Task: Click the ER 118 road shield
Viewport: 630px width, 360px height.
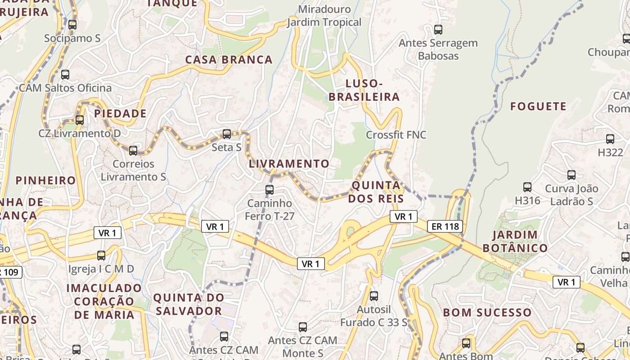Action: [445, 226]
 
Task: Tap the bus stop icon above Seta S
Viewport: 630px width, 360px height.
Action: [227, 134]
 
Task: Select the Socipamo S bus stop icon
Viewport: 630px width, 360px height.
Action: [72, 25]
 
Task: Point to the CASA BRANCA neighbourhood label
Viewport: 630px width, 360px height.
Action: [229, 59]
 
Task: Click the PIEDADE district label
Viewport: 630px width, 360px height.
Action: [121, 113]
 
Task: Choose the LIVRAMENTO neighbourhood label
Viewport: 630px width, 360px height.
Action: [289, 164]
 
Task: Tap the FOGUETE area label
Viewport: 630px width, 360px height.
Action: [538, 107]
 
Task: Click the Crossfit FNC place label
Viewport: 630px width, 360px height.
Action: [396, 135]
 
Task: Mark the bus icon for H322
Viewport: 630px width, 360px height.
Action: [610, 139]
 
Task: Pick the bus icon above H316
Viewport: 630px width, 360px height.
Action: [527, 187]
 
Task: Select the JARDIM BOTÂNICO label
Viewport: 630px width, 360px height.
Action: [515, 241]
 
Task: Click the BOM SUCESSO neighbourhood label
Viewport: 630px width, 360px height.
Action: [487, 312]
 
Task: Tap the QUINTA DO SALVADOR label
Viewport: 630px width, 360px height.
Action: [189, 304]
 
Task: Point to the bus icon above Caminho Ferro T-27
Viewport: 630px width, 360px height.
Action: [270, 189]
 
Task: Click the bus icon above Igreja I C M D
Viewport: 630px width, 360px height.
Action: [101, 255]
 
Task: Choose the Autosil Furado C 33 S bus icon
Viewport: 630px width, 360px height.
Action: [374, 296]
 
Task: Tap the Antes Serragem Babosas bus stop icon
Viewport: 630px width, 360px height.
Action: [438, 30]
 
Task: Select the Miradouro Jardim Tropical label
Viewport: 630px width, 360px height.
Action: [324, 16]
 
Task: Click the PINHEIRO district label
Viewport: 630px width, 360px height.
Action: [46, 180]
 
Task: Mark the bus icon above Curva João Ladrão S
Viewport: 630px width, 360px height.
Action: [571, 175]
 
